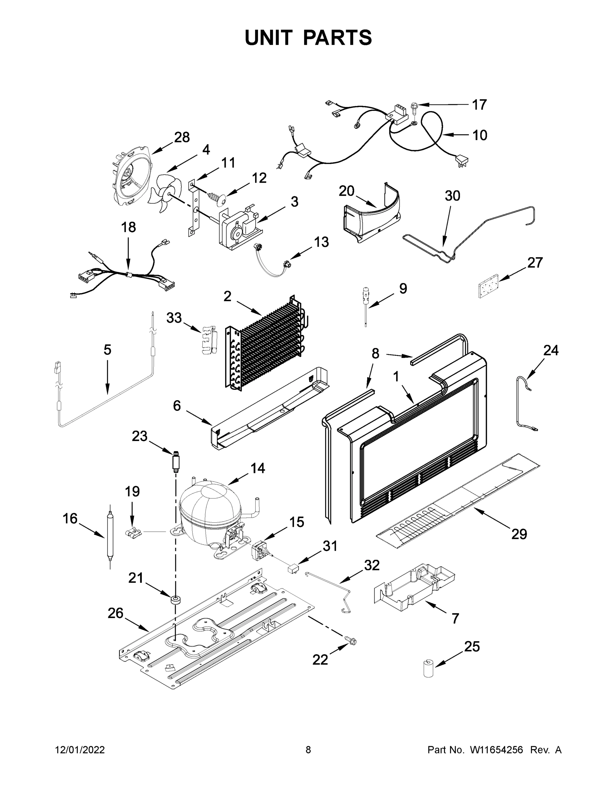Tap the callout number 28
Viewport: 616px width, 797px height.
[182, 137]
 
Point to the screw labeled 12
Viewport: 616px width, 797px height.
[217, 198]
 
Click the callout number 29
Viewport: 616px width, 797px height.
[519, 534]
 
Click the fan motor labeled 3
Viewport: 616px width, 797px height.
[239, 228]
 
